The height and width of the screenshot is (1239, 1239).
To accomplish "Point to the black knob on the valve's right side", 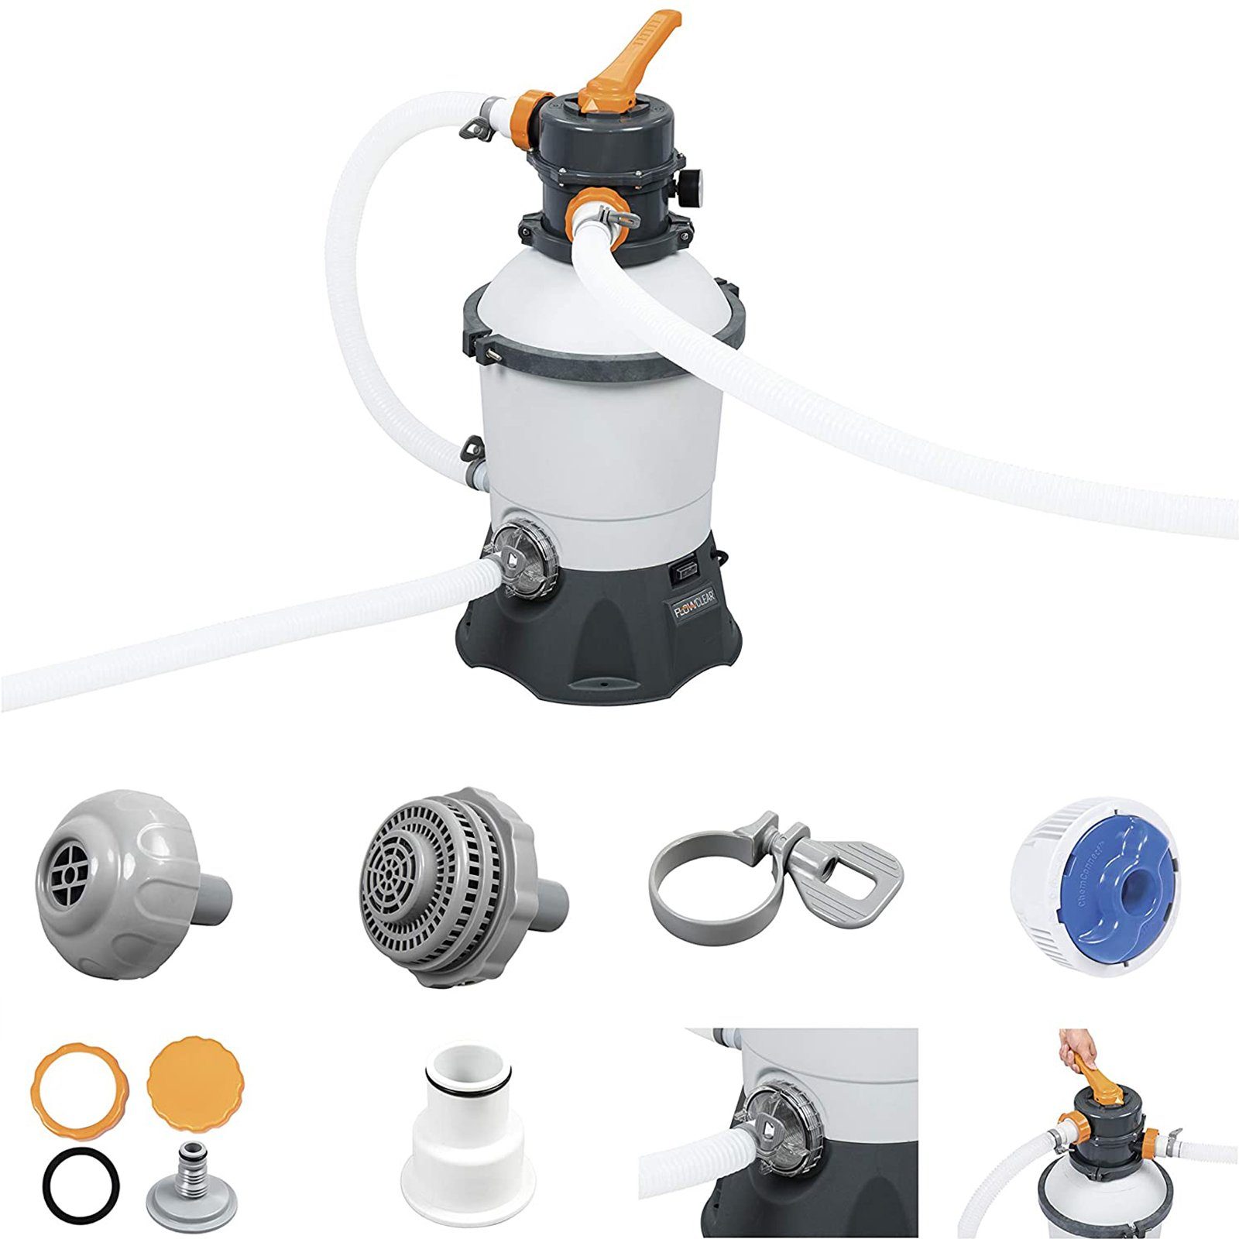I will tap(692, 182).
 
